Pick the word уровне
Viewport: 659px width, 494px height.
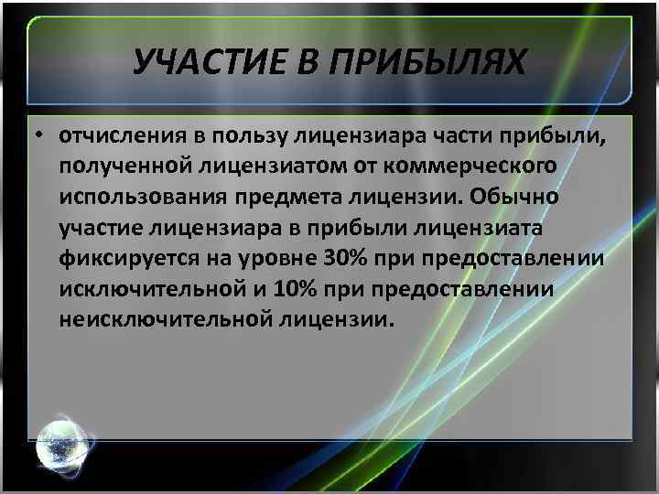(273, 259)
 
